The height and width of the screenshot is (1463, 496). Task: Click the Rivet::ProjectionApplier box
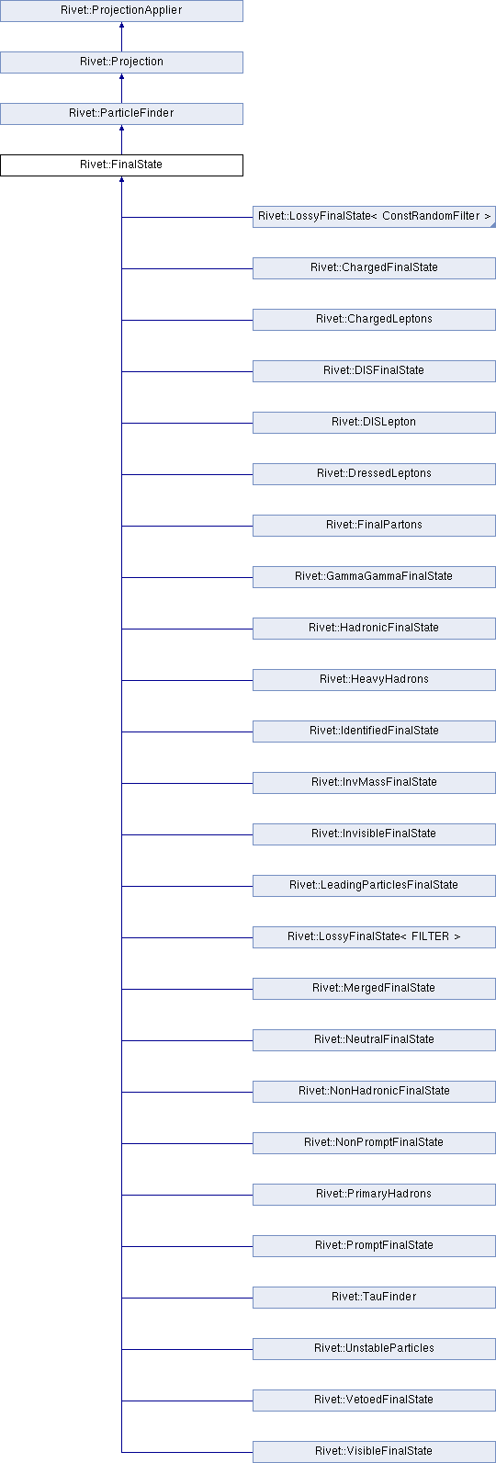tap(121, 10)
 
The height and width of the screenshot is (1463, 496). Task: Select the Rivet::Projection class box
tap(121, 62)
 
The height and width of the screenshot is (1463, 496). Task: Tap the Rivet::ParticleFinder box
tap(121, 114)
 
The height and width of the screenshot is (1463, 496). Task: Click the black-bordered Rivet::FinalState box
tap(121, 165)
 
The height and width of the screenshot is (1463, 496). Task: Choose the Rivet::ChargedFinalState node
tap(374, 268)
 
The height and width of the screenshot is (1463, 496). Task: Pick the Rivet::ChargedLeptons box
tap(374, 320)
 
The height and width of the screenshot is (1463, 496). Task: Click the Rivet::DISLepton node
tap(374, 423)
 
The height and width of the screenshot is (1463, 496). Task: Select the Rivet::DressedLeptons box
tap(374, 474)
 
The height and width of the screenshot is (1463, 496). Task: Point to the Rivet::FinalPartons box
tap(374, 526)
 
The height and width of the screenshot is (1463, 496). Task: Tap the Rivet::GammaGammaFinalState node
tap(374, 577)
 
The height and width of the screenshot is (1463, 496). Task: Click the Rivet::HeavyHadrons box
tap(374, 680)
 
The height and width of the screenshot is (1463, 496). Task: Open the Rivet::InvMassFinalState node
tap(374, 783)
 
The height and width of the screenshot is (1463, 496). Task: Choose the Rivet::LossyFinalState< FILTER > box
tap(374, 937)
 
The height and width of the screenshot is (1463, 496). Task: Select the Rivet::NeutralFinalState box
tap(374, 1040)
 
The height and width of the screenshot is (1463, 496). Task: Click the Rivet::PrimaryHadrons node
tap(374, 1195)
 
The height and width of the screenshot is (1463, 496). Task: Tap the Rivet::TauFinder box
tap(374, 1298)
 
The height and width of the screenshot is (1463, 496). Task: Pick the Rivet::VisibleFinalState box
tap(374, 1452)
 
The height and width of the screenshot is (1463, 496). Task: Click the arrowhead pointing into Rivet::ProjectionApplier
tap(121, 25)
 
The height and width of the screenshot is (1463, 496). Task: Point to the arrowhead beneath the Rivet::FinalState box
tap(121, 179)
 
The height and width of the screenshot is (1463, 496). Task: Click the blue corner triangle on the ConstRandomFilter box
tap(493, 224)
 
